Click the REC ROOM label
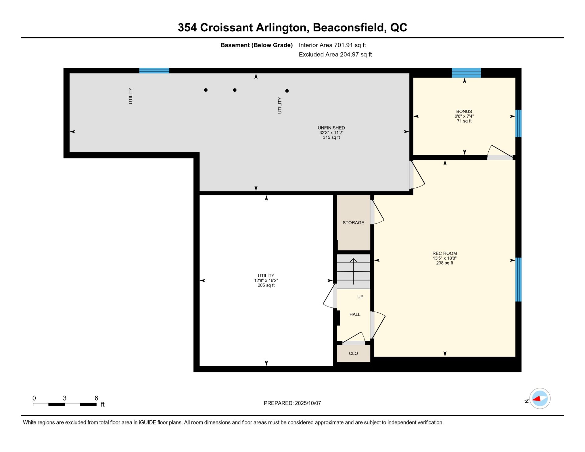(x=445, y=253)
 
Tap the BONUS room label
(x=464, y=112)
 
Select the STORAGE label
(x=353, y=223)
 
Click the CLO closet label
(x=353, y=354)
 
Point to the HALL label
(x=355, y=315)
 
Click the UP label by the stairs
(x=360, y=297)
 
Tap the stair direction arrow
(x=353, y=271)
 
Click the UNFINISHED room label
(x=331, y=128)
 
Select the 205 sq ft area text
(x=266, y=286)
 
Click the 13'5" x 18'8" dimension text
(x=445, y=258)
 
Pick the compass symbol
(x=540, y=399)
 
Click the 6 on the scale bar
(x=96, y=398)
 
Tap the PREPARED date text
(x=292, y=403)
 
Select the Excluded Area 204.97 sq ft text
(x=335, y=55)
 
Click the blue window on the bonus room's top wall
(x=466, y=73)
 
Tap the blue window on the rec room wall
(x=518, y=279)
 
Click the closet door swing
(x=353, y=338)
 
